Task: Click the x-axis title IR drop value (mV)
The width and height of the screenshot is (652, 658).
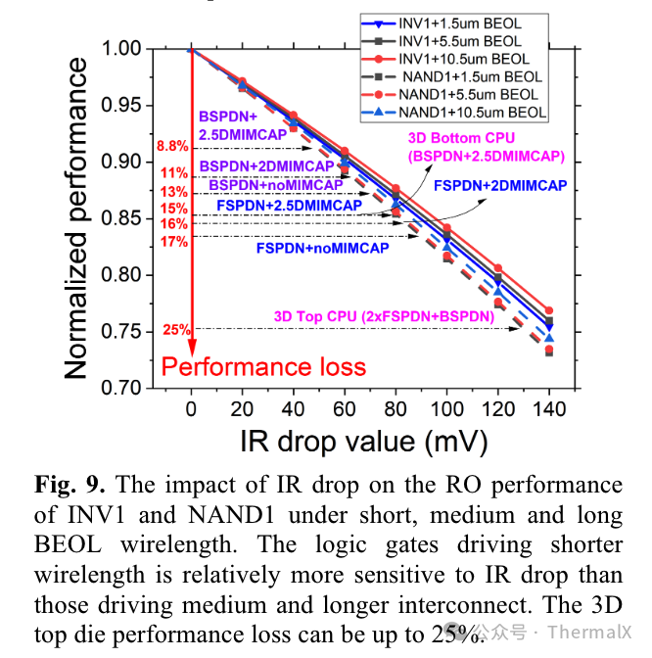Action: pos(363,441)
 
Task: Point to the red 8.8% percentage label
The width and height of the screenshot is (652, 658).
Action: pos(171,147)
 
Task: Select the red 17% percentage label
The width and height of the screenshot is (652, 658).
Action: pos(174,241)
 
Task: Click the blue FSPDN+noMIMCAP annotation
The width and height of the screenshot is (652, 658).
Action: pos(322,249)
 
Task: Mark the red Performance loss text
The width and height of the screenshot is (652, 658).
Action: pos(262,367)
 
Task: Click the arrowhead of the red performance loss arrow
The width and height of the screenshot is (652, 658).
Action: pos(192,350)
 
